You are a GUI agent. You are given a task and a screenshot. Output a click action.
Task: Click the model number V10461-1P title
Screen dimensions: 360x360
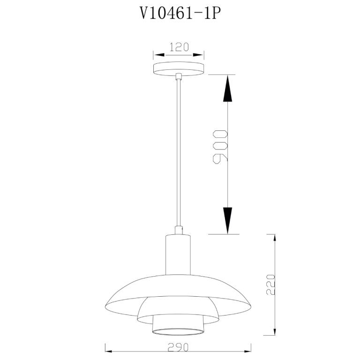pos(180,13)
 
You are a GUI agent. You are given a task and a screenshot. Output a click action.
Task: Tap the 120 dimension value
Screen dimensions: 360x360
pos(179,47)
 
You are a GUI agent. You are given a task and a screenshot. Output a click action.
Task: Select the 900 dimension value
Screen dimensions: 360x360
pos(220,147)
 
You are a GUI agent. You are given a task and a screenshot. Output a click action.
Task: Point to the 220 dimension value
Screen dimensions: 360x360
pos(270,284)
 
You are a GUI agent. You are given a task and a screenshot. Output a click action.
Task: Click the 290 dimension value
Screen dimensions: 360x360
pos(178,347)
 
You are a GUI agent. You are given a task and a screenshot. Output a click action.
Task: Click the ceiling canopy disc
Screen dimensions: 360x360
pos(179,68)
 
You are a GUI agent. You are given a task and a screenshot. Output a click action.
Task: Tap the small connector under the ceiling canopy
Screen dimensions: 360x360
pos(179,76)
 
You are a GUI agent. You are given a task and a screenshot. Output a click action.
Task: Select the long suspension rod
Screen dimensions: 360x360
pos(179,153)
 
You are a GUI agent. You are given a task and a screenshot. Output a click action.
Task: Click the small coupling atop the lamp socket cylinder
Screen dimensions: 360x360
pos(179,230)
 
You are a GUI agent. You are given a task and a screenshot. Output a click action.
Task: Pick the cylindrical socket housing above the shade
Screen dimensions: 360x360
pos(178,255)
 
